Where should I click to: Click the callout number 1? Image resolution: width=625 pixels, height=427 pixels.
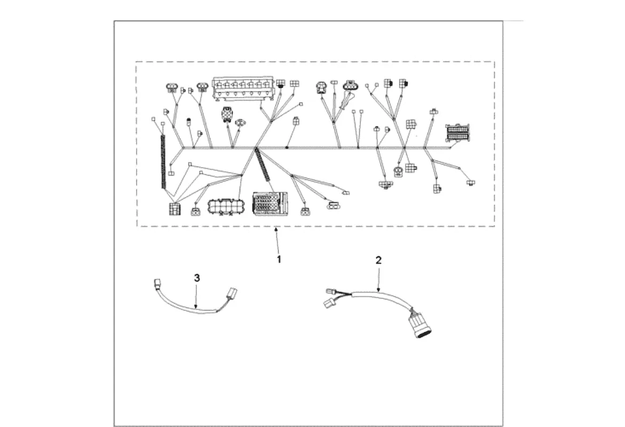tap(279, 259)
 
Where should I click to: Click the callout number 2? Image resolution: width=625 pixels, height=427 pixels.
tap(378, 260)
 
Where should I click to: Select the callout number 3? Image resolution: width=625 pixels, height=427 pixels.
tap(197, 278)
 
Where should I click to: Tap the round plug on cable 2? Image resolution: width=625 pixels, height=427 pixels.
tap(420, 325)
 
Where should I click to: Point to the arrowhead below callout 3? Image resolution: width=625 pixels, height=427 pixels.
tap(196, 307)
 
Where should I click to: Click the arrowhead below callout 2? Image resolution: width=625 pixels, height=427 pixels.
tap(378, 290)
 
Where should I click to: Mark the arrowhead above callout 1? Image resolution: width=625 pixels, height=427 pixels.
tap(276, 230)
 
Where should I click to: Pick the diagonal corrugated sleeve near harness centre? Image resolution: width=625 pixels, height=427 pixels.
tap(263, 166)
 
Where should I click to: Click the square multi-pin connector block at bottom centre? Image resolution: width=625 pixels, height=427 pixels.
tap(270, 203)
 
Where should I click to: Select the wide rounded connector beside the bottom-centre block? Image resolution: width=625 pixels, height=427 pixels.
tap(227, 205)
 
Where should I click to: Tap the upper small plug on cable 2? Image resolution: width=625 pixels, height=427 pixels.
tap(331, 291)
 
